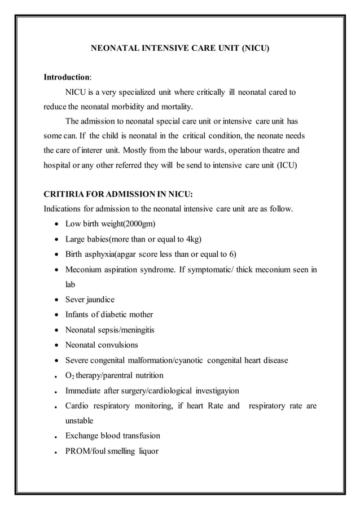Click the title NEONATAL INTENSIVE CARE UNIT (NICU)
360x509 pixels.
point(180,49)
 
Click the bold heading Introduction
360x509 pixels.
point(67,76)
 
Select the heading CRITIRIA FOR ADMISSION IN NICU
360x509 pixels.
point(117,194)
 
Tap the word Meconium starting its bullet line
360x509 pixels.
point(86,270)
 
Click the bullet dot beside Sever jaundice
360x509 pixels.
point(56,300)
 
